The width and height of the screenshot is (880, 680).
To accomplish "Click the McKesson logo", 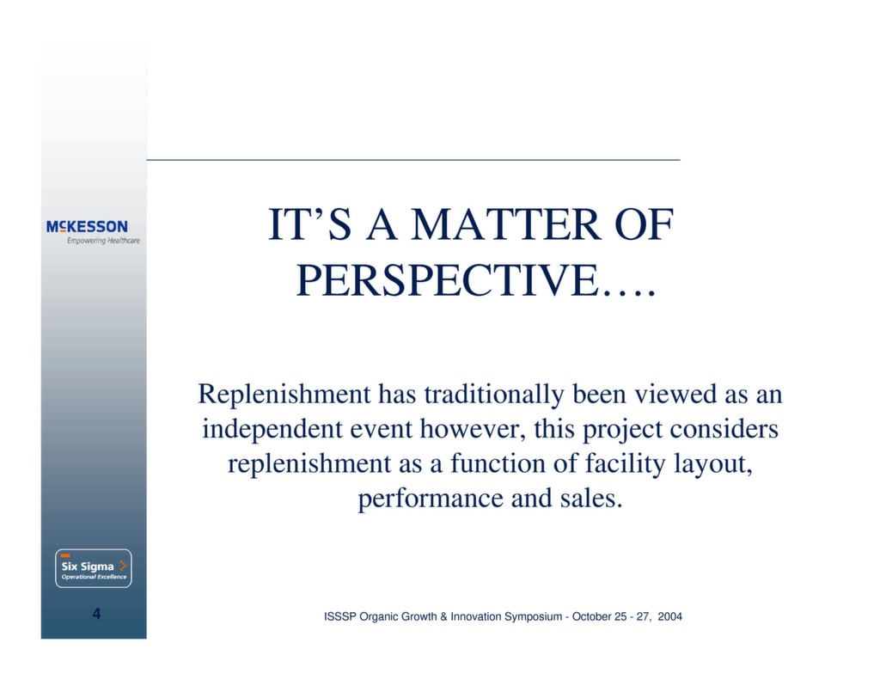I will pos(87,226).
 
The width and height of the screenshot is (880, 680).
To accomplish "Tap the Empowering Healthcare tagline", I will pos(103,241).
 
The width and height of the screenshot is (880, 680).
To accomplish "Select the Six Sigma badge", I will pos(94,568).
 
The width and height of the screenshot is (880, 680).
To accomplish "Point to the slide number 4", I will pos(96,614).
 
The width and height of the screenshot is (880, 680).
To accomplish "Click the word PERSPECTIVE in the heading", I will pos(447,279).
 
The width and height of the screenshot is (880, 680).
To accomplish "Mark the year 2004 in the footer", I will pos(669,617).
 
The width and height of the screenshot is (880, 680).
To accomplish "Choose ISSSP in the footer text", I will pos(338,617).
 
